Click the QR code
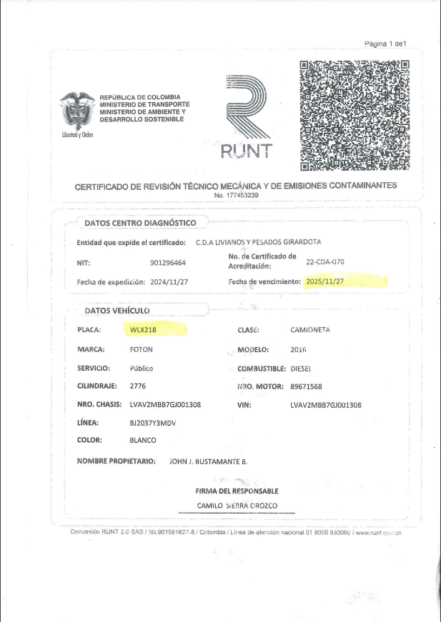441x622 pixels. point(354,116)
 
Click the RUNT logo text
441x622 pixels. point(246,151)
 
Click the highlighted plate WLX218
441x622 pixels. point(144,330)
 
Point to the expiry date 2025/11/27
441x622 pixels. point(325,282)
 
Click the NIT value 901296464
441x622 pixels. point(168,263)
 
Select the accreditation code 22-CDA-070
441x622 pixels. point(325,262)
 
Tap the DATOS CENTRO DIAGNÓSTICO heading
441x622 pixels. point(140,223)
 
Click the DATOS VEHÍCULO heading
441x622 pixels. point(117,311)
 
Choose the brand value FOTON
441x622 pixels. point(141,349)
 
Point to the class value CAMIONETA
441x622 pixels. point(311,330)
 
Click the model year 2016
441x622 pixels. point(299,349)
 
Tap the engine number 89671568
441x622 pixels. point(307,386)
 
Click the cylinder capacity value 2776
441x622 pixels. point(137,386)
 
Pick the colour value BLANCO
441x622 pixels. point(143,440)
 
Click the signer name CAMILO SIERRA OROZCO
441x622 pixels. point(237,506)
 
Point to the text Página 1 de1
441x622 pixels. point(385,44)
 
